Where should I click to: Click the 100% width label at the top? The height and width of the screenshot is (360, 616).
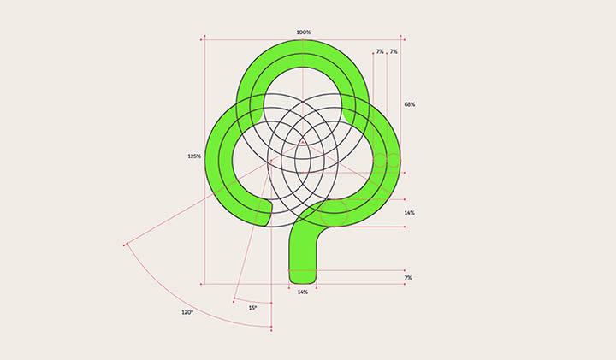click(x=303, y=32)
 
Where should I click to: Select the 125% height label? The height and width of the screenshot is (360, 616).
click(x=194, y=156)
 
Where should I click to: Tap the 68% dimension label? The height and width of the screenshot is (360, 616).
click(x=410, y=104)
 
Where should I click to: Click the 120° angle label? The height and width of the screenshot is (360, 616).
click(x=187, y=313)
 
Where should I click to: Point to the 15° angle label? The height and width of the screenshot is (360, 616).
click(x=252, y=308)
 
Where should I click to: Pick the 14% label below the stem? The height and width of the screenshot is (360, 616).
click(x=303, y=292)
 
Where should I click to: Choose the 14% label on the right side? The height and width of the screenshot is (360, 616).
click(x=410, y=212)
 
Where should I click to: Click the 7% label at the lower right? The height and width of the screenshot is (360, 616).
click(x=409, y=278)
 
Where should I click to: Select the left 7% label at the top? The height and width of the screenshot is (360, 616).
click(x=379, y=52)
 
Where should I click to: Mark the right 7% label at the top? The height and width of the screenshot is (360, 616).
click(x=394, y=52)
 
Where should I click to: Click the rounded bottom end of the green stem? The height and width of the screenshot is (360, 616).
click(x=303, y=279)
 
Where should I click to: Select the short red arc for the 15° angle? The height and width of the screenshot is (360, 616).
click(x=252, y=301)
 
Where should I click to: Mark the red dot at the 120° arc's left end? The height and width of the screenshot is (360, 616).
click(x=125, y=245)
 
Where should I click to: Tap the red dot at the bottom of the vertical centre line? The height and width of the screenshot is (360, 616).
click(x=271, y=328)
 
